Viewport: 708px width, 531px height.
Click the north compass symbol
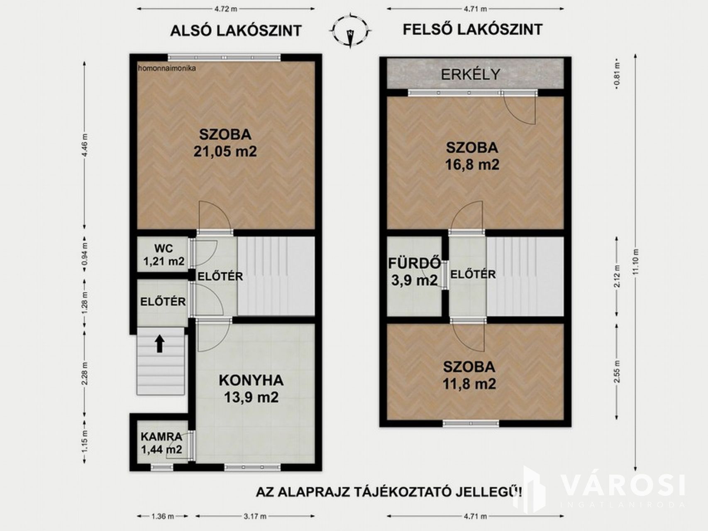(351, 31)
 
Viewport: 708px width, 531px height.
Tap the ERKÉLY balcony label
(470, 74)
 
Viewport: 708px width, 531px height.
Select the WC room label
(164, 249)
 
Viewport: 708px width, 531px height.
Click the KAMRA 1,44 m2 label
(161, 443)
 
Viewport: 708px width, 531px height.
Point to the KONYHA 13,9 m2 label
(251, 389)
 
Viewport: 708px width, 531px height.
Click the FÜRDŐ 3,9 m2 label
(415, 272)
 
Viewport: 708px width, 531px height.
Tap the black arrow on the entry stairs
(160, 344)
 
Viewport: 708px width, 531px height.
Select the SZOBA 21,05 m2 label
(225, 143)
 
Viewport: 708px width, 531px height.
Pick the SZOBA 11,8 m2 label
(469, 375)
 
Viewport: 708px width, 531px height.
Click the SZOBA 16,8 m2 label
(472, 156)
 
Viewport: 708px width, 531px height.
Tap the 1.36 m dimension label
(163, 516)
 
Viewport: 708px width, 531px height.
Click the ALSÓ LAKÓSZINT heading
(236, 31)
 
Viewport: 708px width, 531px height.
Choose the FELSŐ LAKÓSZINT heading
(473, 29)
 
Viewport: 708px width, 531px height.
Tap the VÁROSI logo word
(623, 485)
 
